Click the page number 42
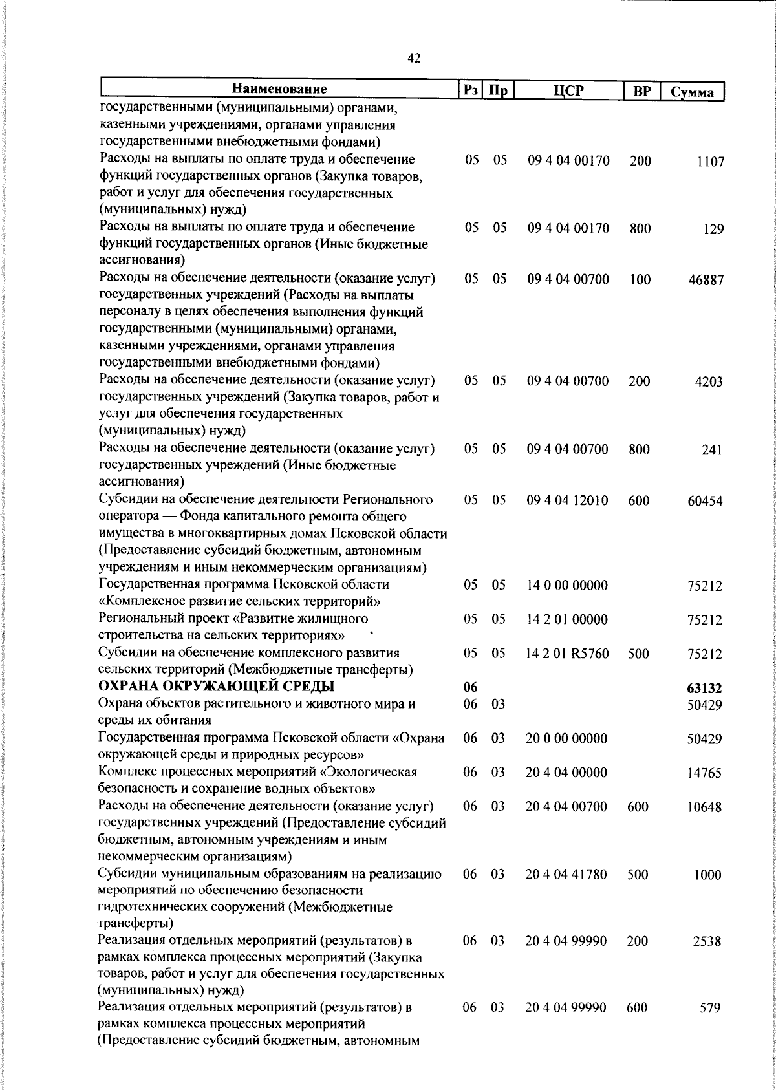click(414, 59)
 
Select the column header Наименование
click(279, 89)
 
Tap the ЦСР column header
click(568, 91)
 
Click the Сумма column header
click(692, 91)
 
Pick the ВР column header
click(641, 91)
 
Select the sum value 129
click(714, 230)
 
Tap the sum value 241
click(711, 451)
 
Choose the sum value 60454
click(705, 502)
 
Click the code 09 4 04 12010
click(568, 501)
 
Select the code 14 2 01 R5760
click(568, 654)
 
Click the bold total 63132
click(704, 689)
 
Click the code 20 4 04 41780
click(566, 875)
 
